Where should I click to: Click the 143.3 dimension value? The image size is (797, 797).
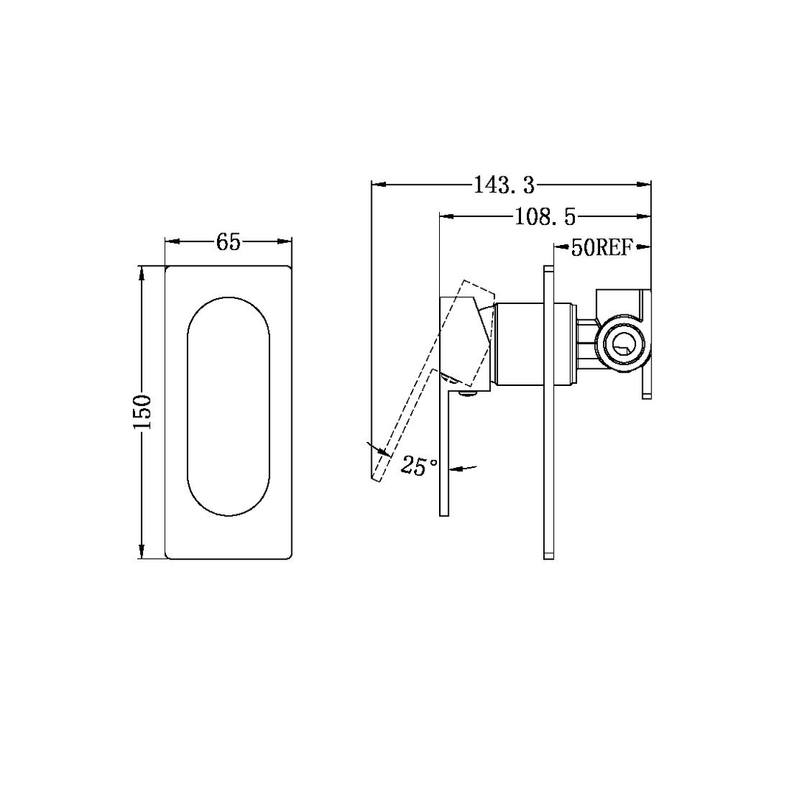[x=504, y=184]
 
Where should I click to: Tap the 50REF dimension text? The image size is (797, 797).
[x=602, y=247]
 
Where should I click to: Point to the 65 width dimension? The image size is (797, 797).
[x=229, y=241]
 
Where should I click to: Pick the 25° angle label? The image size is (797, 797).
[x=418, y=466]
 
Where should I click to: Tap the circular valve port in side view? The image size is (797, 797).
[x=623, y=343]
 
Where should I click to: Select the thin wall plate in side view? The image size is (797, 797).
[x=548, y=412]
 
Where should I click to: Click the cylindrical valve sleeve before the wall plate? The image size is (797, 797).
[x=520, y=344]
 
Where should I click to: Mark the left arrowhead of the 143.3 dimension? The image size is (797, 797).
[x=377, y=184]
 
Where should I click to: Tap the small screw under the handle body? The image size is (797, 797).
[x=466, y=394]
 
